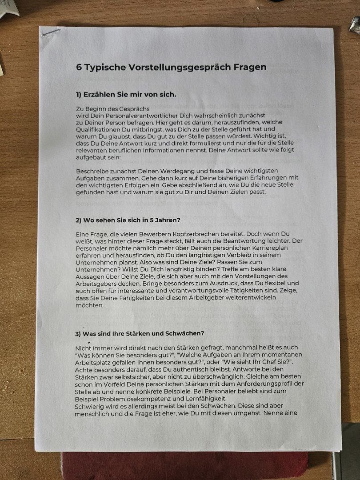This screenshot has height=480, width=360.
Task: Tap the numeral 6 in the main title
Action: coord(79,68)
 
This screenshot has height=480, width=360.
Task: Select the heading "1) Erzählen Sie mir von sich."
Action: coord(126,94)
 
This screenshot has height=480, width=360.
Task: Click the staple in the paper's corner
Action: coord(50,32)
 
